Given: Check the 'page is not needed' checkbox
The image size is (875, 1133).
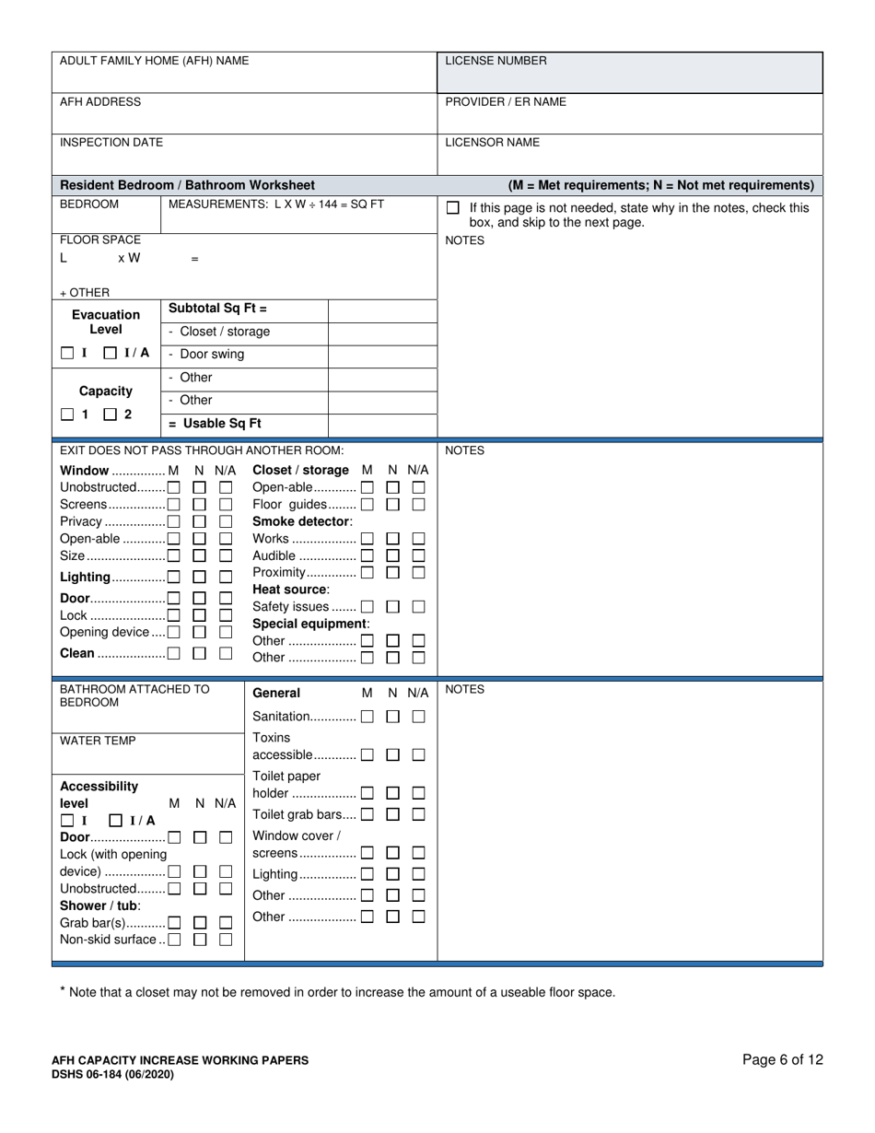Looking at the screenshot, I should click(x=452, y=208).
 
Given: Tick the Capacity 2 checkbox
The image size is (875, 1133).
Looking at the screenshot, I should click(x=111, y=415).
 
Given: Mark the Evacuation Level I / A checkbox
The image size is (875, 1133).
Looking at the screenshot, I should click(x=111, y=353).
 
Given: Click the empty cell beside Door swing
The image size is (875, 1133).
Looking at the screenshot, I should click(x=382, y=355).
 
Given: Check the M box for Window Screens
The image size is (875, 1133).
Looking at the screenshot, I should click(x=173, y=505).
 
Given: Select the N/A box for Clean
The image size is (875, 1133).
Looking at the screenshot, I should click(x=226, y=653).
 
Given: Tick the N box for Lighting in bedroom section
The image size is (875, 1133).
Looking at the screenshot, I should click(x=199, y=578).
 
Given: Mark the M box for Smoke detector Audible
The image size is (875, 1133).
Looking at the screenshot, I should click(x=367, y=555).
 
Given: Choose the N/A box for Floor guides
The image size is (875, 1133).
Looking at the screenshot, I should click(x=418, y=505).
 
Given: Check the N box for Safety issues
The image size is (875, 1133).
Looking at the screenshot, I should click(x=393, y=607).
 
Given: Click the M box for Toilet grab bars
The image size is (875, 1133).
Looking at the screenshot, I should click(x=367, y=814).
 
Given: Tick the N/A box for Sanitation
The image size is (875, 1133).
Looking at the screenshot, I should click(x=418, y=717).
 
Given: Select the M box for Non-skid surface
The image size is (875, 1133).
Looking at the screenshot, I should click(x=173, y=940).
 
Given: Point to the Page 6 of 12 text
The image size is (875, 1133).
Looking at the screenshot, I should click(x=782, y=1059).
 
